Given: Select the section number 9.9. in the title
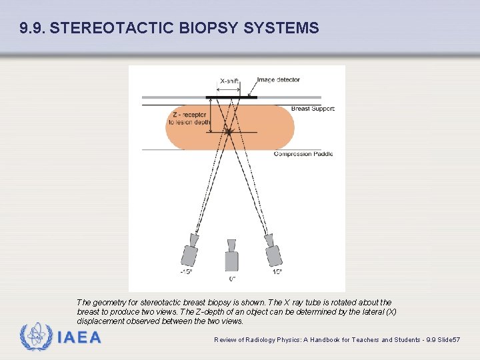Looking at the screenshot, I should pos(33,29).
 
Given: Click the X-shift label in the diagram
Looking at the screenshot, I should pos(229,81).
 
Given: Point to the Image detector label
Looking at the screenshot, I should pos(279,80).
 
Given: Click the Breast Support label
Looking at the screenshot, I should pos(313,109).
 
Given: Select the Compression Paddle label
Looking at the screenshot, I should pos(303,154).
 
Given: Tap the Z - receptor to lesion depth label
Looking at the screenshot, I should pos(191,118).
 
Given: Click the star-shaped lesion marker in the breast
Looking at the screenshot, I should pos(229,132).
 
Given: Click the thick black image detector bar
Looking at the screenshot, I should pos(231,97).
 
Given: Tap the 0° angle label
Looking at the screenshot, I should pos(232,278).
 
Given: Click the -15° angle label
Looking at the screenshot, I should pos(186,272).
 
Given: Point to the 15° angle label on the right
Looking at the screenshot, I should pos(276,272).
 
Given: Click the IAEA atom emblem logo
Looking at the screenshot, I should pos(36,337).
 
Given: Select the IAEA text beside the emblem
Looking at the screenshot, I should pos(79,338).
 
